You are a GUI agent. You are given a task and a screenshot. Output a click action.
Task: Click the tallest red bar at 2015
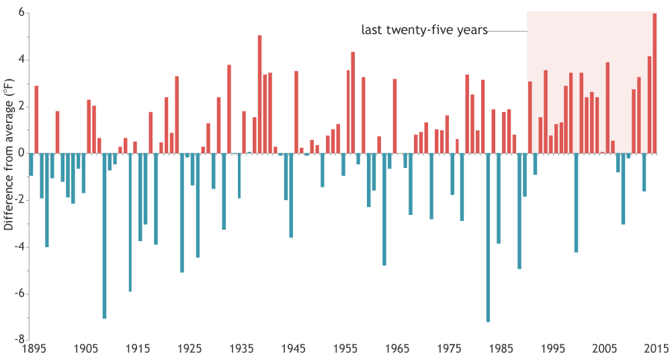point(655,83)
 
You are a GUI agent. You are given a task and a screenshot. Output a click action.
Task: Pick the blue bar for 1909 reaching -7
point(104,236)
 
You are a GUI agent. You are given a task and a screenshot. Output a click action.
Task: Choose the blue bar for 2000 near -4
point(576,202)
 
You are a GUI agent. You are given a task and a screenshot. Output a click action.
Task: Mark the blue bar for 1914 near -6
point(130,222)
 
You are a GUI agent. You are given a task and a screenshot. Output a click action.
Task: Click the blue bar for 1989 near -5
point(519,211)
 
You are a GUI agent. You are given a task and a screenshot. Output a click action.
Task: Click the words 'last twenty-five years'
point(424,30)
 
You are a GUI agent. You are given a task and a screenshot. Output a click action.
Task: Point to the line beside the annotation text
point(507,31)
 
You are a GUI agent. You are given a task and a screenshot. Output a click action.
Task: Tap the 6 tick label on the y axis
point(22,13)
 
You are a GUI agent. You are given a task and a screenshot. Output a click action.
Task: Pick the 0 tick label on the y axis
point(22,153)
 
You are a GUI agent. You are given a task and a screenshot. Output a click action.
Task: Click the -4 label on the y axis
point(19,246)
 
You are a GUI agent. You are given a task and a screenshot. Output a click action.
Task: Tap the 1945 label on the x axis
point(293,349)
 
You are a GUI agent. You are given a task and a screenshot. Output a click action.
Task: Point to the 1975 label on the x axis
point(449,349)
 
